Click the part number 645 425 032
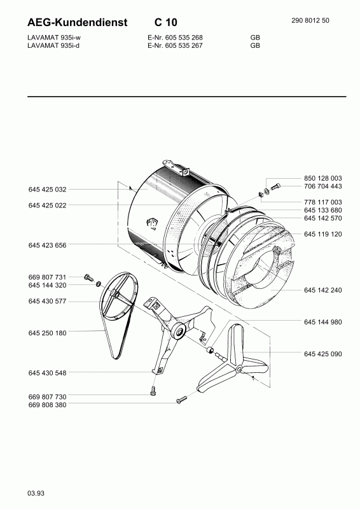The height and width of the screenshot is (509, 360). pos(47,190)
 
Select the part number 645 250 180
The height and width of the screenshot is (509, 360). pos(47,333)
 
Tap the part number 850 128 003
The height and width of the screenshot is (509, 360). pos(322,178)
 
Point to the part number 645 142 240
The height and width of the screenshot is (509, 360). pos(322,290)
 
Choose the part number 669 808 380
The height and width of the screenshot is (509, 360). pos(47,405)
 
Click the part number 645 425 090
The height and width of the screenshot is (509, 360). pos(322,354)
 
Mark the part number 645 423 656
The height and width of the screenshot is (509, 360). pos(47,246)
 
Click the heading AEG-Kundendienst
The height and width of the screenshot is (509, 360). pos(77,22)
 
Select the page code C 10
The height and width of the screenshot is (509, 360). pos(165,22)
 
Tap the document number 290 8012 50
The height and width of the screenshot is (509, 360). pos(310,20)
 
